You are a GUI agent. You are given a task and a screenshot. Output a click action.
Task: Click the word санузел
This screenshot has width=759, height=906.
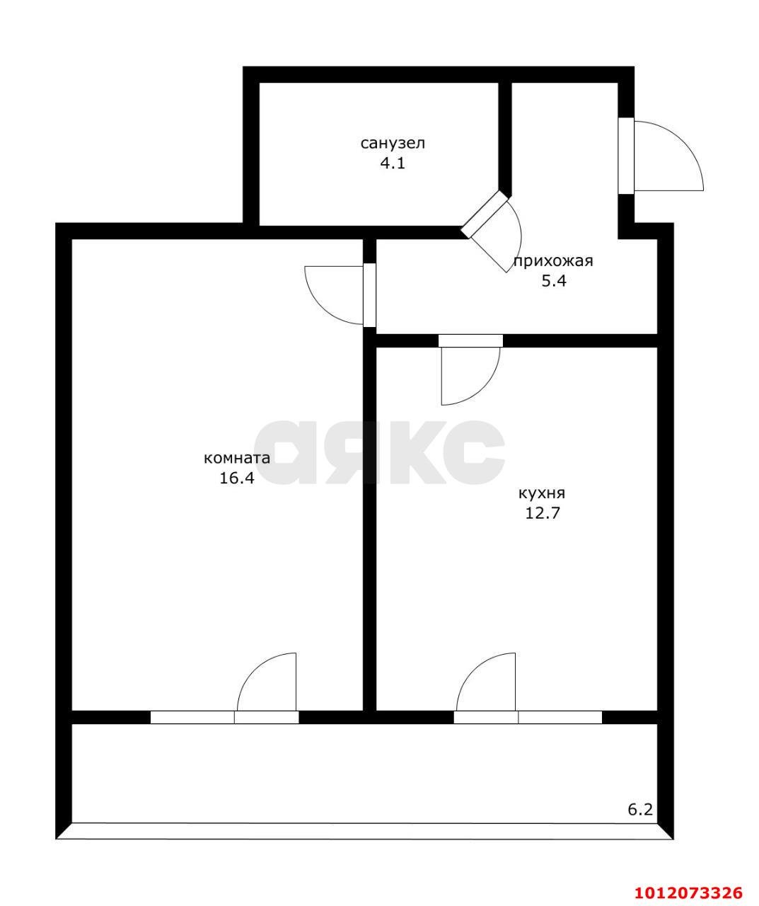393,143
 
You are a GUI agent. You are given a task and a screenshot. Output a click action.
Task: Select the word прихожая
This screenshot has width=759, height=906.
553,262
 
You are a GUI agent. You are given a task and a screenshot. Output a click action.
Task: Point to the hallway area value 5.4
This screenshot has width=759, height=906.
553,282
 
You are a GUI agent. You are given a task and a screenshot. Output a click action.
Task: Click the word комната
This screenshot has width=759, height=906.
237,458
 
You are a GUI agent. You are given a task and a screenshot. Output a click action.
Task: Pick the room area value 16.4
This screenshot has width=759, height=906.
237,478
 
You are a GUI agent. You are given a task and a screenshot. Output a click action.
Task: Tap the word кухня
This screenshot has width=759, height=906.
542,493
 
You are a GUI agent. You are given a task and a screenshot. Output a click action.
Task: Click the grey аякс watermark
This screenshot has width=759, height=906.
379,452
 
